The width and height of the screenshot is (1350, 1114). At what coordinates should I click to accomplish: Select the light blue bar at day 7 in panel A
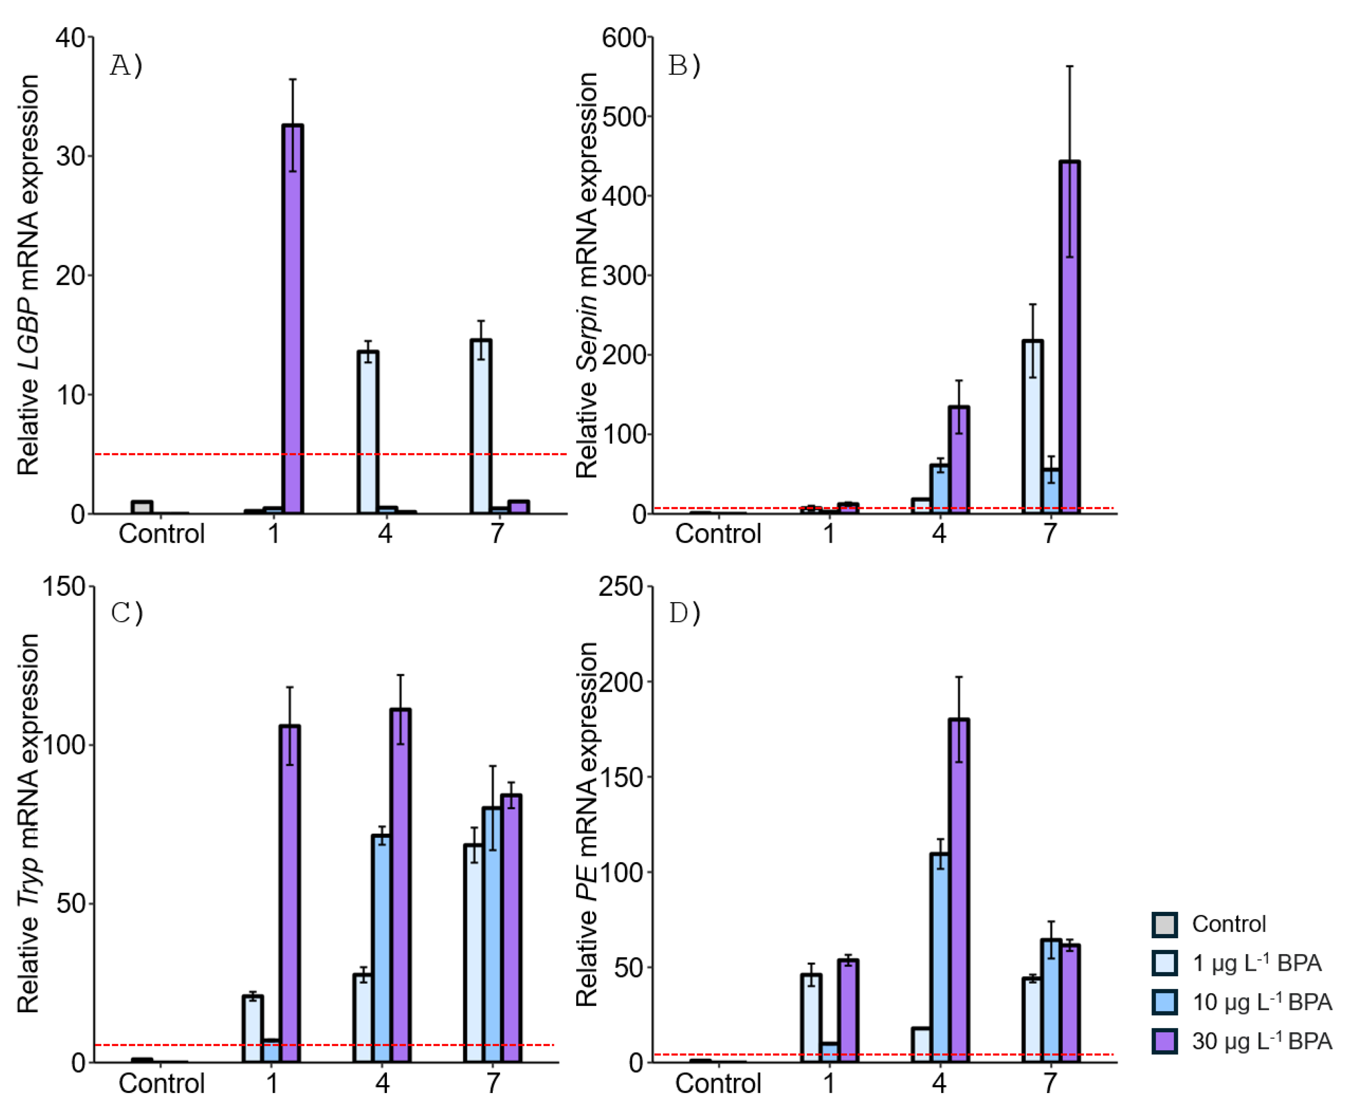481,427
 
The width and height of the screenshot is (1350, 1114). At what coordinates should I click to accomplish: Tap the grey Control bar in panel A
142,508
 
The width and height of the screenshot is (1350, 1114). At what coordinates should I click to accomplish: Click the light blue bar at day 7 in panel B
1032,427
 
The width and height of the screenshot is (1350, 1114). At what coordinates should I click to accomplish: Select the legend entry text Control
1229,924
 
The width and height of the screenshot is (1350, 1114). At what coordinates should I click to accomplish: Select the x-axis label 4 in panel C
383,1083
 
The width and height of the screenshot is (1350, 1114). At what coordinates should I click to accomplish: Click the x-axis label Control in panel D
718,1083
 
